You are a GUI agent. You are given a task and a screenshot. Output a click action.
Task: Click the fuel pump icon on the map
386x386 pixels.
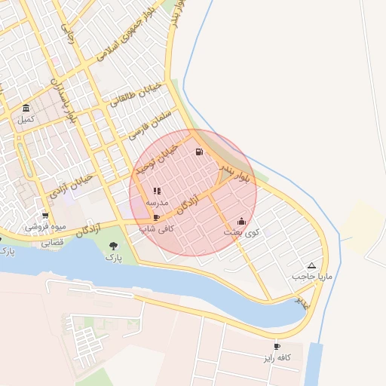click(199, 152)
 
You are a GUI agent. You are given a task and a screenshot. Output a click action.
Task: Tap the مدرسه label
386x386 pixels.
click(156, 203)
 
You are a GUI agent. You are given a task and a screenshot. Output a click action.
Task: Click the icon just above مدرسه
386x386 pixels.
click(157, 191)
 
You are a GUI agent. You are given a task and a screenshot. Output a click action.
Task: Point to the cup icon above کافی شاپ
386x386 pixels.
click(156, 216)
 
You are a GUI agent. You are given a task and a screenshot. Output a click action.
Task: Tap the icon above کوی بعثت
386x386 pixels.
click(241, 221)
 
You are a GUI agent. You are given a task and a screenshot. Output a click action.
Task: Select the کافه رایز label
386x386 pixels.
click(277, 357)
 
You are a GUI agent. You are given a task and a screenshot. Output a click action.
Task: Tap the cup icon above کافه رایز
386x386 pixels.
click(277, 346)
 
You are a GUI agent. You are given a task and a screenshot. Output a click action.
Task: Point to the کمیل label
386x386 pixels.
click(26, 119)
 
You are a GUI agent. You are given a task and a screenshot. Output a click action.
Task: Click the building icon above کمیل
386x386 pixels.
click(26, 108)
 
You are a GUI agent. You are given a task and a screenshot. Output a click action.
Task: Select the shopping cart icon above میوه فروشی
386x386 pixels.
click(45, 215)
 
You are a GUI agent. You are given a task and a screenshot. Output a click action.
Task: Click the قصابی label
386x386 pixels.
click(53, 244)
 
